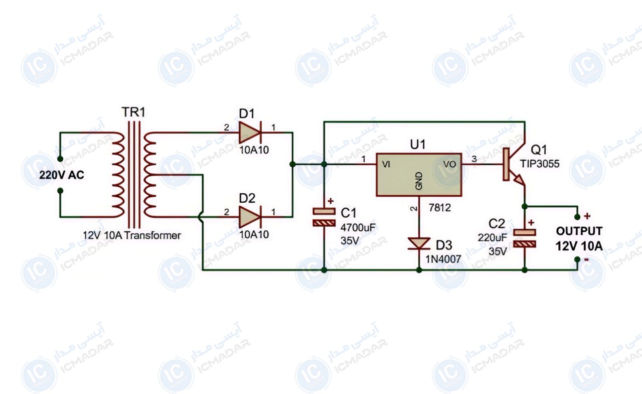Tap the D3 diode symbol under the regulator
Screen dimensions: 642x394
pos(419,243)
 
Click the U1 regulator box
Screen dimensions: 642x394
pos(419,175)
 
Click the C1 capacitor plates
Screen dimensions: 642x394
pos(324,217)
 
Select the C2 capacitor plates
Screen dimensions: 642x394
pos(525,238)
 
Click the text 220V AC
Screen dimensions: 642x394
pos(61,175)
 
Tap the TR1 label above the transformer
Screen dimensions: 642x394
pos(133,112)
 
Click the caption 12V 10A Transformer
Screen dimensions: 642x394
pos(132,235)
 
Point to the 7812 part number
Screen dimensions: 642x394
pos(440,207)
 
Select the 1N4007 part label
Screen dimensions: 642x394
pos(443,259)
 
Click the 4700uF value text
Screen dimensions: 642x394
pos(358,228)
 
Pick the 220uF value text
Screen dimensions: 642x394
pos(492,238)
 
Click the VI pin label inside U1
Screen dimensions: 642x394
pos(386,164)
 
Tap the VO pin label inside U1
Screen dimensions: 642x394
pos(449,164)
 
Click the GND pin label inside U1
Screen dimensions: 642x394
pos(419,181)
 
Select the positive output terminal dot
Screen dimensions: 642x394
pos(577,217)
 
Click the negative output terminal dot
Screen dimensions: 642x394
pos(577,259)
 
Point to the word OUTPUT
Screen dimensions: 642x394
pos(579,231)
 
